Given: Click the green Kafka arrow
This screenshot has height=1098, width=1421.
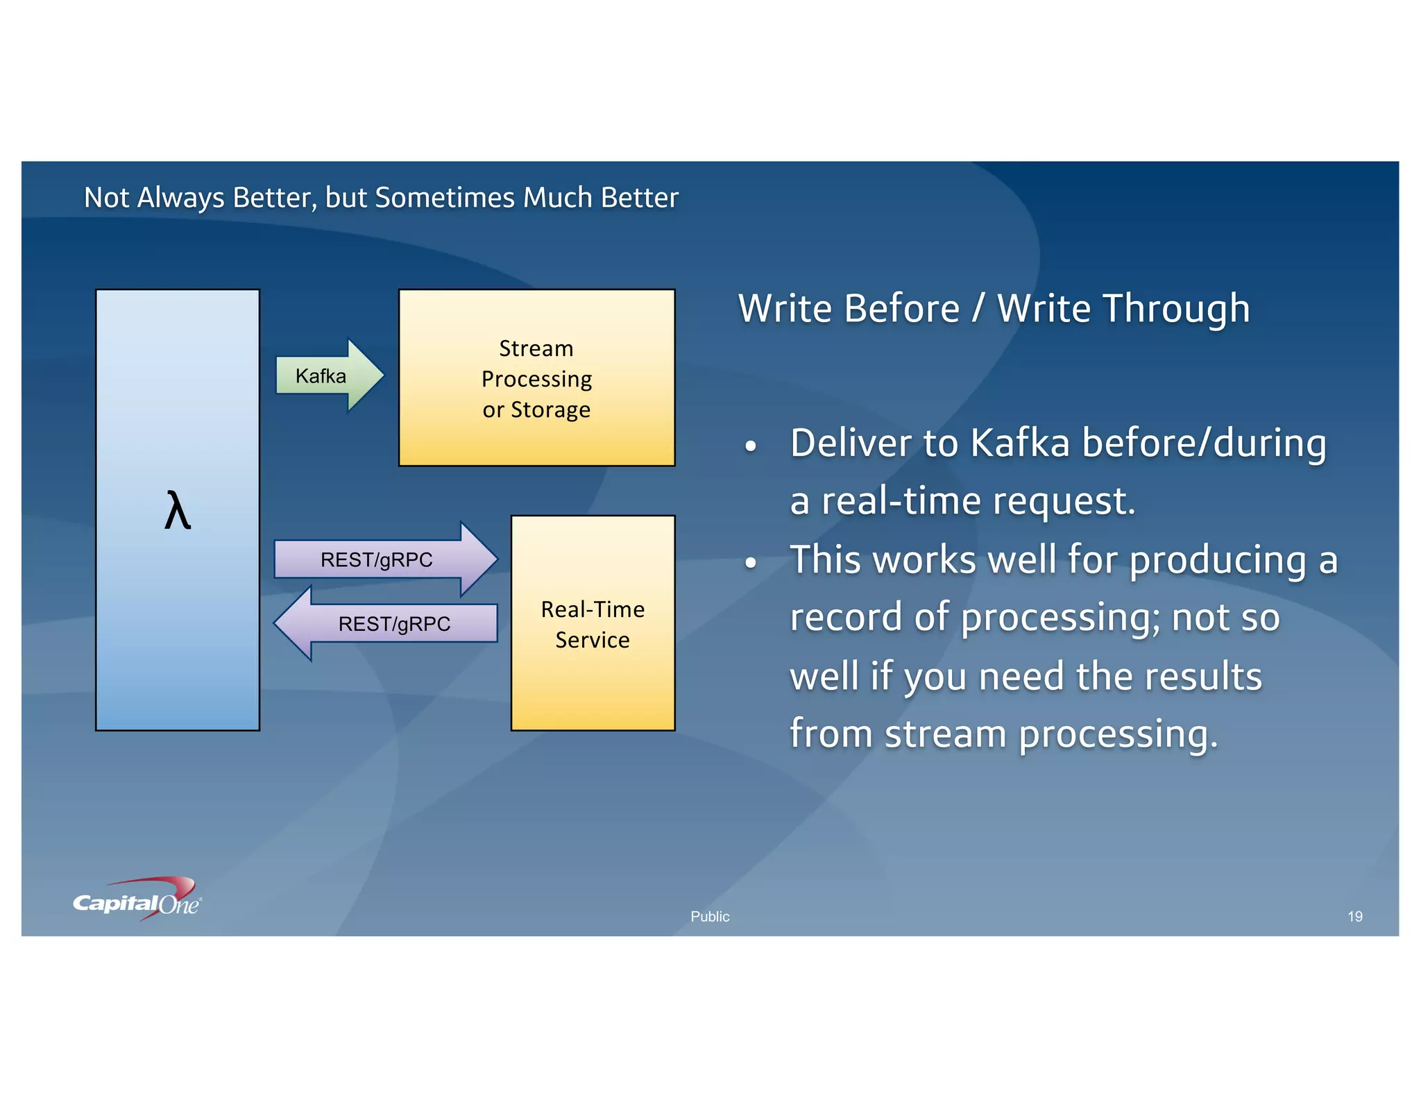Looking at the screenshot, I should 326,375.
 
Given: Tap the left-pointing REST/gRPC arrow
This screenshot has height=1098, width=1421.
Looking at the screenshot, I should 389,623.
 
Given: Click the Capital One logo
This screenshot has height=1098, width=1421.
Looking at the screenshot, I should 137,901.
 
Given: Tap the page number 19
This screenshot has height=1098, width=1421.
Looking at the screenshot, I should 1354,916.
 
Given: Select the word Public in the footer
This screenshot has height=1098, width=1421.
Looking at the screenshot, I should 710,916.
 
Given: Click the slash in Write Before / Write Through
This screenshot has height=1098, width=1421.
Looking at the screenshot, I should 978,309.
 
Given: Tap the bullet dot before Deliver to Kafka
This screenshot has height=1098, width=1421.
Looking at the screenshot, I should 750,447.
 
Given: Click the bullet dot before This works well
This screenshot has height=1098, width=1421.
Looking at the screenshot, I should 750,563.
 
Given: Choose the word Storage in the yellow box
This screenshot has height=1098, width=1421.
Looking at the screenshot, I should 550,409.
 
